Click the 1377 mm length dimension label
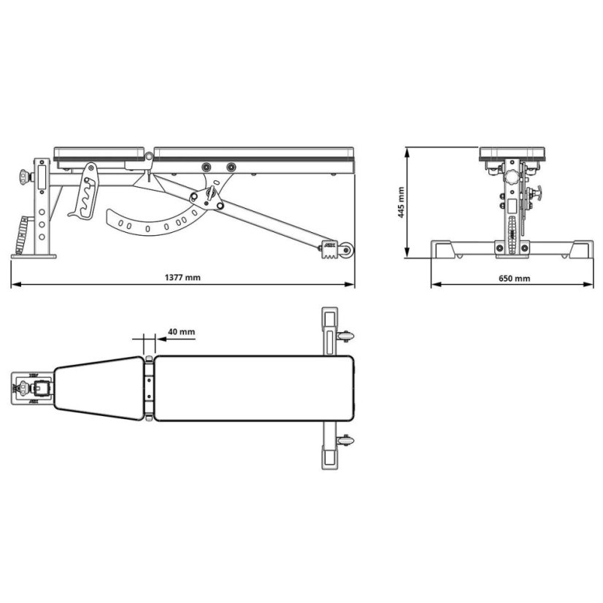pos(183,278)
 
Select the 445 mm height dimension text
pos(400,202)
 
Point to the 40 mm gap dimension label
pos(181,331)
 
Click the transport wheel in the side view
pos(347,250)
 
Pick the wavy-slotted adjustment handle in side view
pos(85,192)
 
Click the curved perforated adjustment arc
pos(157,222)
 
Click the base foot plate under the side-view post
pos(33,255)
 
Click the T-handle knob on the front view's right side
pos(542,195)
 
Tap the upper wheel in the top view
pos(347,336)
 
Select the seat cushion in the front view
pos(513,153)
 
